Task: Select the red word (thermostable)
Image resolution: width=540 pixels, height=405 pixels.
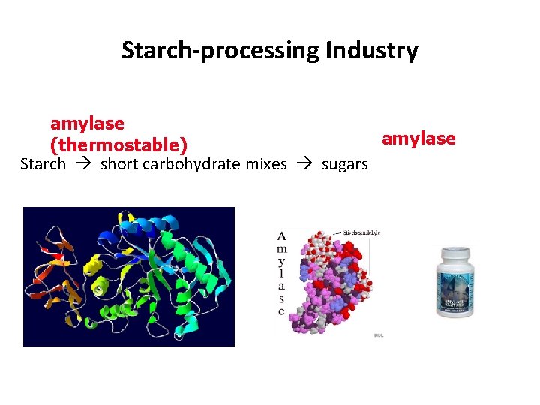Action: coord(118,143)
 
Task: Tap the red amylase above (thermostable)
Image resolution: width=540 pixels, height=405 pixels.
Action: coord(87,122)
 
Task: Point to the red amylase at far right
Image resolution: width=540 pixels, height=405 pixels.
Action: coord(418,139)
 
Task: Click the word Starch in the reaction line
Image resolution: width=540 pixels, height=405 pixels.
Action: coord(43,164)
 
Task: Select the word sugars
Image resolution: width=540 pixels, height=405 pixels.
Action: coord(345,164)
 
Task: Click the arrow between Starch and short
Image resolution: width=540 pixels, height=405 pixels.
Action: coord(82,164)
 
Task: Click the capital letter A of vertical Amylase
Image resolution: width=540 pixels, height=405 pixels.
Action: coord(281,236)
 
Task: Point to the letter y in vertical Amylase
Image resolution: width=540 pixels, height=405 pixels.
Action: coord(281,262)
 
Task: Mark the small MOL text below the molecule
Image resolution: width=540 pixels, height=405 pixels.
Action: coord(378,335)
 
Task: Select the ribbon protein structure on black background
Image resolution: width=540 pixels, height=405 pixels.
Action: coord(129,276)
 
